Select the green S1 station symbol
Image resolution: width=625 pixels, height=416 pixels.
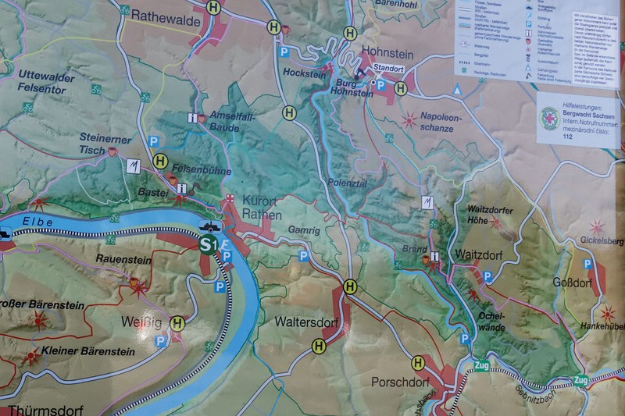click(209, 245)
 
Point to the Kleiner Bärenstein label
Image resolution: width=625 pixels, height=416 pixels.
click(74, 350)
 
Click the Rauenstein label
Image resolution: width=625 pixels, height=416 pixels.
click(116, 258)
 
